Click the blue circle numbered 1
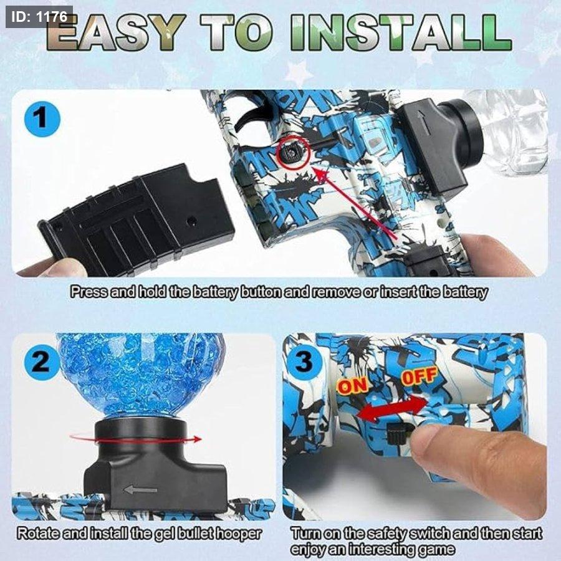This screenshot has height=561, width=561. point(42,119)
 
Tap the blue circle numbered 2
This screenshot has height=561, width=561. point(42,362)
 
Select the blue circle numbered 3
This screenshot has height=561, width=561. point(304,362)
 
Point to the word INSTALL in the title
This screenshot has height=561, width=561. point(401,33)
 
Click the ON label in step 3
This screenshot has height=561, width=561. point(353,386)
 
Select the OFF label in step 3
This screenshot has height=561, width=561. point(420,376)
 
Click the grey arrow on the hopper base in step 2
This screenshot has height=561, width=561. point(140,490)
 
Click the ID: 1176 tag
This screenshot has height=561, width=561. point(39,17)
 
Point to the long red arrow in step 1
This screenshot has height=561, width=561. point(356,201)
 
